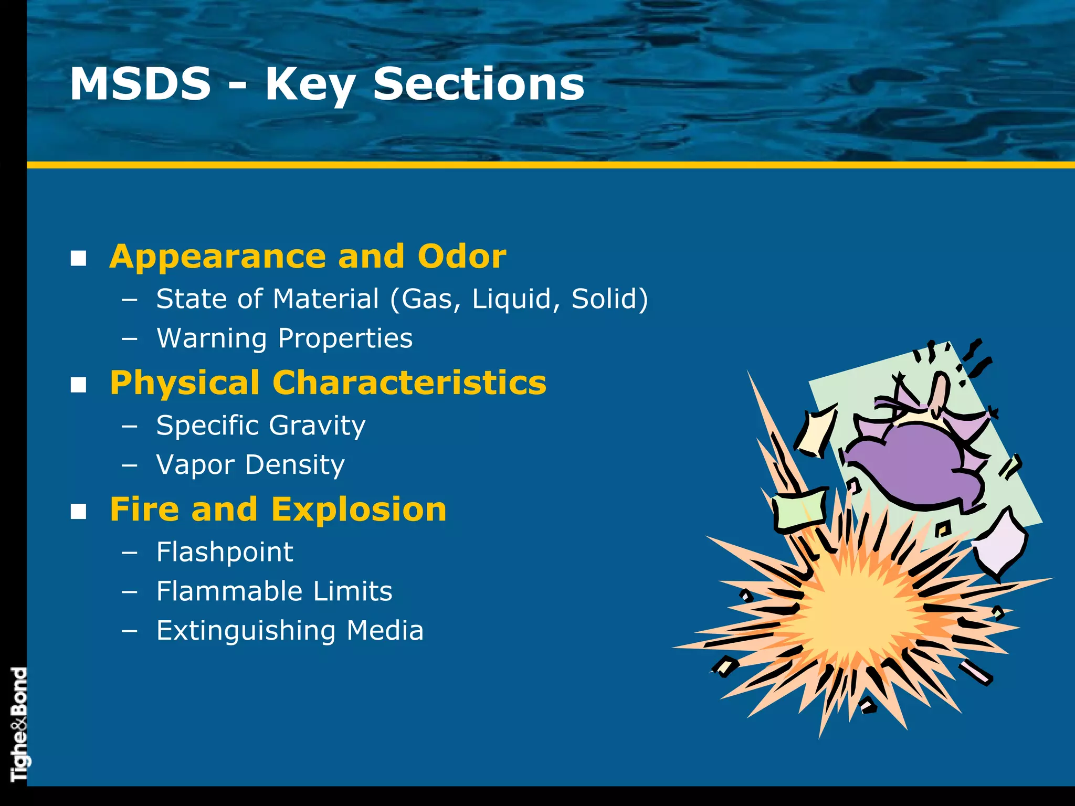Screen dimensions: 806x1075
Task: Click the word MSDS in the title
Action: [140, 84]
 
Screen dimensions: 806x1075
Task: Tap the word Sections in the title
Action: [478, 84]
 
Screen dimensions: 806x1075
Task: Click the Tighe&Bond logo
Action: [18, 724]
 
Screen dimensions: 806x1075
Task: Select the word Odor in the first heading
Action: [462, 257]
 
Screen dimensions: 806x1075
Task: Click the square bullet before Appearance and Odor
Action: [79, 258]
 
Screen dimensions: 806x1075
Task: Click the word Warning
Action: [212, 338]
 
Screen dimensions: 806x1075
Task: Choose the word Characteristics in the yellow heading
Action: [409, 383]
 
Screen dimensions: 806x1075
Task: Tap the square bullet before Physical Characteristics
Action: [79, 385]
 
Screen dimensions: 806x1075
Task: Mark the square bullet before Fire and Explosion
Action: [79, 511]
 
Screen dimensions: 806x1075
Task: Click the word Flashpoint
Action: [225, 552]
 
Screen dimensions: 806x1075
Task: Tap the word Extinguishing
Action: [246, 631]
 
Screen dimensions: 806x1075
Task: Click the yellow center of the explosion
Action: [861, 614]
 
